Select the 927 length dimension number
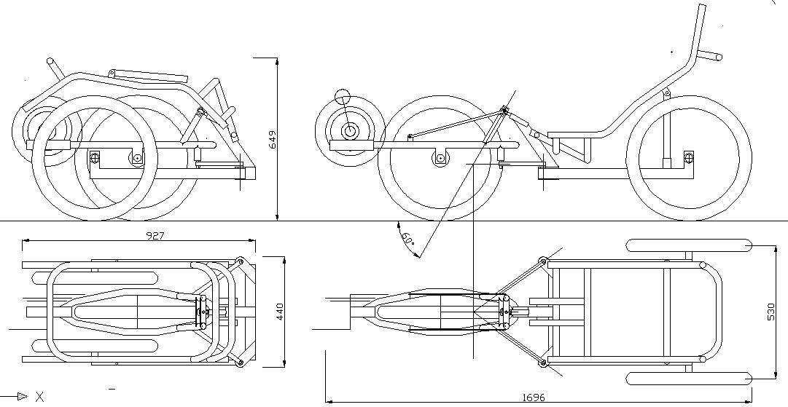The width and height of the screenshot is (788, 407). (x=155, y=235)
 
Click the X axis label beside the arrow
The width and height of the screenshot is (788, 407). (x=40, y=396)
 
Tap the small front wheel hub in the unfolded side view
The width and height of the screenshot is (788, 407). (x=351, y=132)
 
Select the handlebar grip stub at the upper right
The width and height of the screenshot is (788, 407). (x=711, y=55)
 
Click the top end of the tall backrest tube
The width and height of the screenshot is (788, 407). (x=702, y=7)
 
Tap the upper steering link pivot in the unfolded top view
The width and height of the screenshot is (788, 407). (x=542, y=261)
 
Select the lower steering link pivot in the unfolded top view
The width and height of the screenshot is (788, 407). (x=542, y=362)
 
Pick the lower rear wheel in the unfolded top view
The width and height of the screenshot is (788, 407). (x=689, y=378)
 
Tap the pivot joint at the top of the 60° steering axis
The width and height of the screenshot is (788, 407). (x=504, y=111)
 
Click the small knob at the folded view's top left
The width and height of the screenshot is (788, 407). (x=50, y=62)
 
